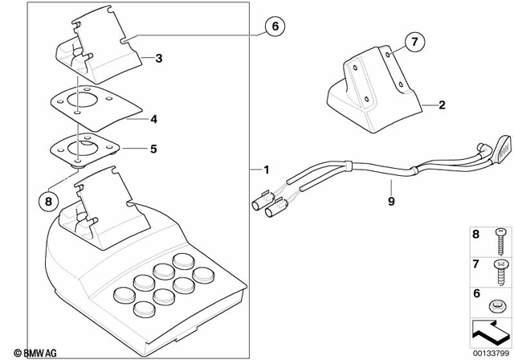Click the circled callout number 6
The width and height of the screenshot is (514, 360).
click(x=274, y=27)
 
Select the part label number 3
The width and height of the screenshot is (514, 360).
click(x=159, y=59)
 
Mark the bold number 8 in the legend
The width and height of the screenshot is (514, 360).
click(x=475, y=235)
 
